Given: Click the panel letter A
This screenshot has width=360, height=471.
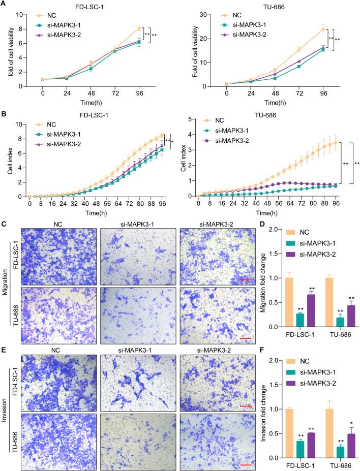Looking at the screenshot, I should pos(4,4).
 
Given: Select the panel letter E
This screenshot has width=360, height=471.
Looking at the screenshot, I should pos(4,350).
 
